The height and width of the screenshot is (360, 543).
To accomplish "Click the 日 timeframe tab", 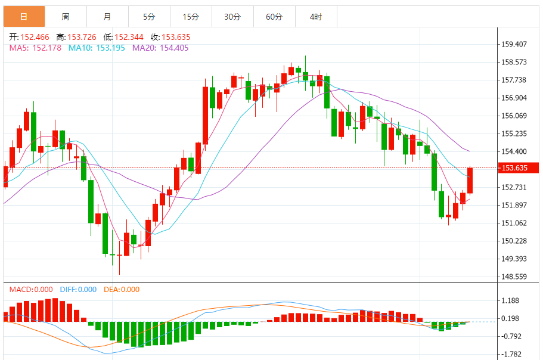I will point(24,17).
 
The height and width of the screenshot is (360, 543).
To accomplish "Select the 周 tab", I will point(66,17).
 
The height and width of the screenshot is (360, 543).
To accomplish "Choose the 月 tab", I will point(107,17).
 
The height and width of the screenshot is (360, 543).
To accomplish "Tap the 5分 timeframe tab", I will point(149,17).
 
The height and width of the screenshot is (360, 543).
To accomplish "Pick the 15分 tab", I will point(191,17).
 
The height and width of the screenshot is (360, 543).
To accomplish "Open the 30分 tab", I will point(232,17).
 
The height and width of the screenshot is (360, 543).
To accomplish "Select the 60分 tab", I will point(274,17).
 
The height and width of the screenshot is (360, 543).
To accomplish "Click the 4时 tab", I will point(316,17).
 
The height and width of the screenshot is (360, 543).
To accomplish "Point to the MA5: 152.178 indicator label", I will point(35,48).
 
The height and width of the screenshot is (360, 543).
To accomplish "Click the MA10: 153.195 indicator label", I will point(97,48).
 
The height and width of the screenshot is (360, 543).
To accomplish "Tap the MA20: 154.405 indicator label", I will point(160,48).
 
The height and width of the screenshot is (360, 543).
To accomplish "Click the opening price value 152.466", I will point(35,37).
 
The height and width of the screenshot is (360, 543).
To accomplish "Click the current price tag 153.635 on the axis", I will point(515,168).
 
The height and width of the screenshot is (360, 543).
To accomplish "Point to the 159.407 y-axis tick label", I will point(514,44).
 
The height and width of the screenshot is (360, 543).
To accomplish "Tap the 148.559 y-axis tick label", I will point(514,277).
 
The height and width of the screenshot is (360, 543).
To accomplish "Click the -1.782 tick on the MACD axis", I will point(512,354).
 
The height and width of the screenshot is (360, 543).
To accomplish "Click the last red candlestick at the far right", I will point(470,180).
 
